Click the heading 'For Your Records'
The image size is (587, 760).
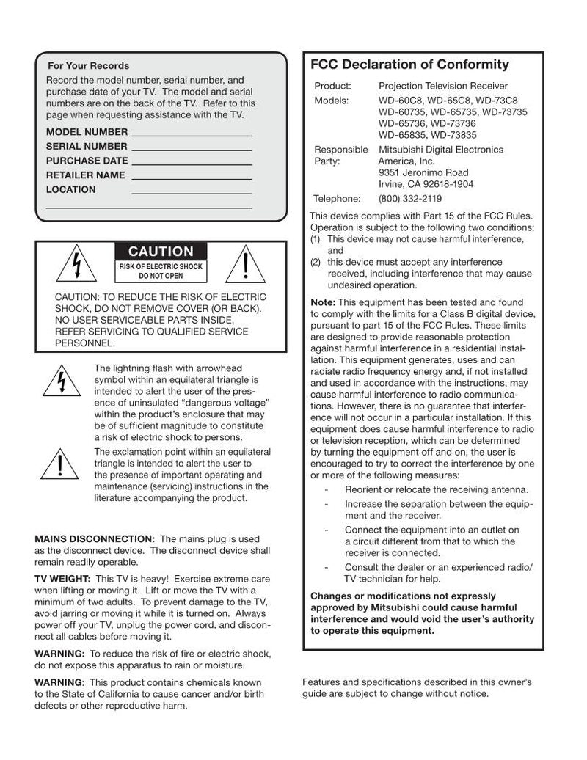tap(88, 66)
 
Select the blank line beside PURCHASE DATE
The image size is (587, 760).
tap(192, 163)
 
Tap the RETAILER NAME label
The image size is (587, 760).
tap(85, 175)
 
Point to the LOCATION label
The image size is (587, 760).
tap(70, 189)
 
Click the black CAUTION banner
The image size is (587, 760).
tap(161, 252)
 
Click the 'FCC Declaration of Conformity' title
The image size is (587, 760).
tap(409, 65)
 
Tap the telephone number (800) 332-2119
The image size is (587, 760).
tap(409, 198)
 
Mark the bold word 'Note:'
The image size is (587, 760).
tap(323, 302)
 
